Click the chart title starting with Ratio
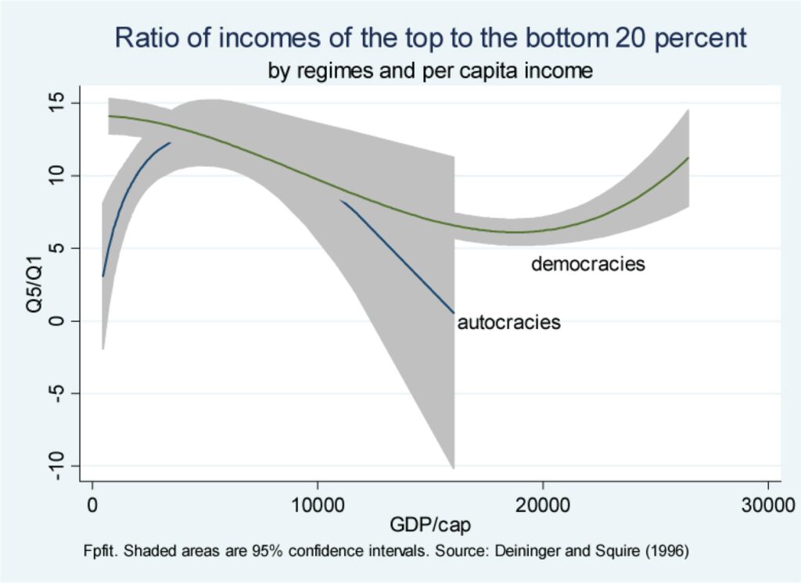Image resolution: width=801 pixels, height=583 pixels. coord(430,38)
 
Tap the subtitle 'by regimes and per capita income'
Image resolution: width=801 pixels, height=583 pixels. coord(430,72)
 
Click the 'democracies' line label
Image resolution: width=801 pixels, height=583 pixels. coord(587,264)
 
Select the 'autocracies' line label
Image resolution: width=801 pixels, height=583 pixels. coord(508,322)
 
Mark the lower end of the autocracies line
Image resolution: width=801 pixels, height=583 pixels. coord(454,313)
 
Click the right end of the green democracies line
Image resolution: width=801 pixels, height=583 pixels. coord(688,159)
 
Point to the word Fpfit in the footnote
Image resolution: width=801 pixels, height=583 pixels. coord(100,549)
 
